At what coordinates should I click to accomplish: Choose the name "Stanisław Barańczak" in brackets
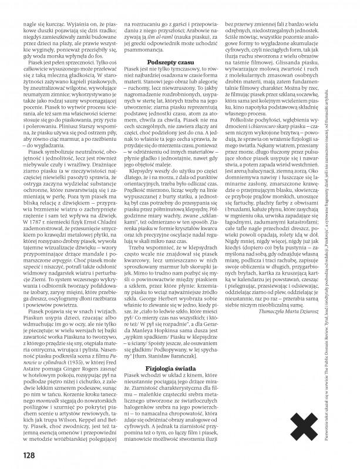coord(179,322)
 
